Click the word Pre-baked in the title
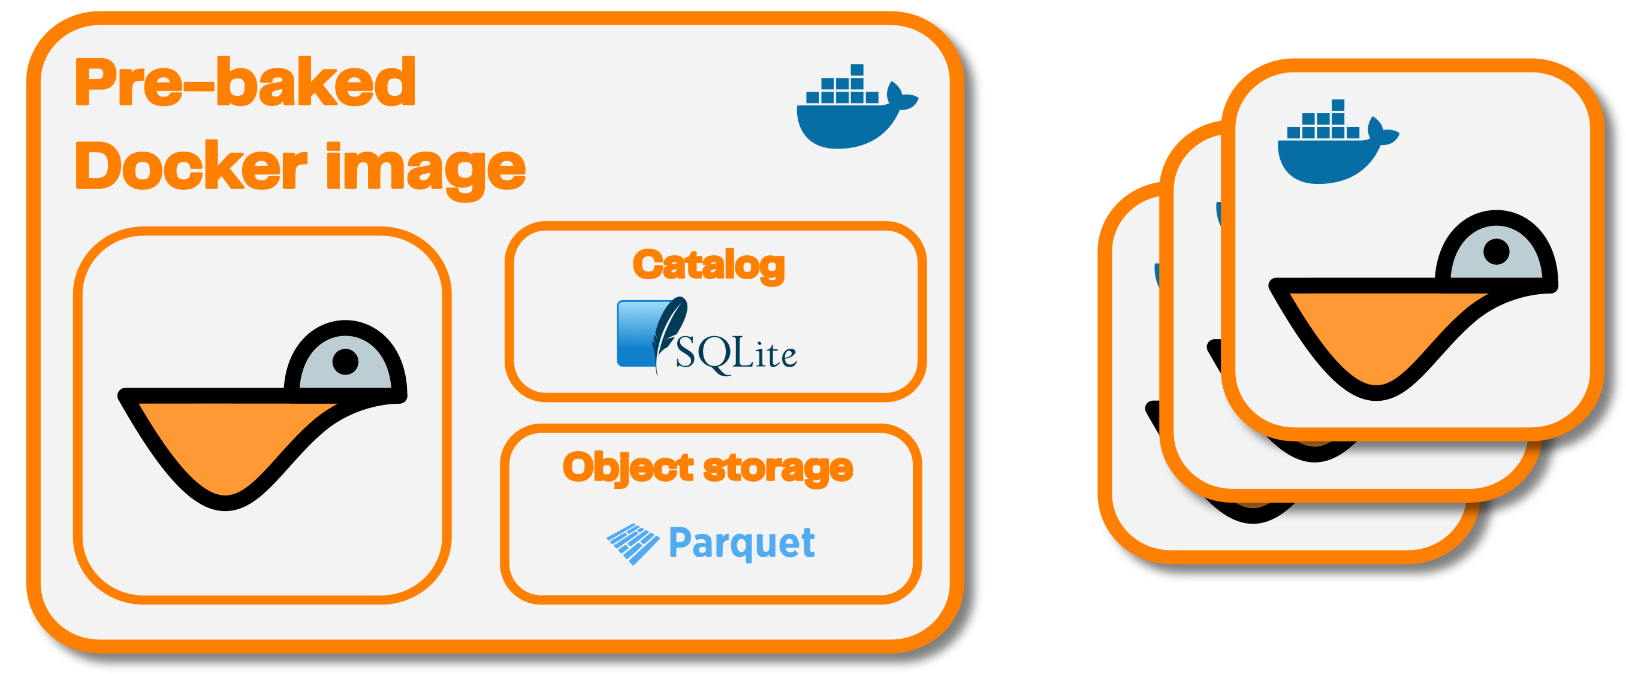[245, 82]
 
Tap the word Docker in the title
[191, 165]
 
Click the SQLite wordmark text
[736, 353]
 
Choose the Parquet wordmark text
[741, 543]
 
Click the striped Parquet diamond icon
[632, 543]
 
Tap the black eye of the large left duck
[345, 362]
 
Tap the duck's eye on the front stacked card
[1496, 252]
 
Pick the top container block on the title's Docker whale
[856, 69]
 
